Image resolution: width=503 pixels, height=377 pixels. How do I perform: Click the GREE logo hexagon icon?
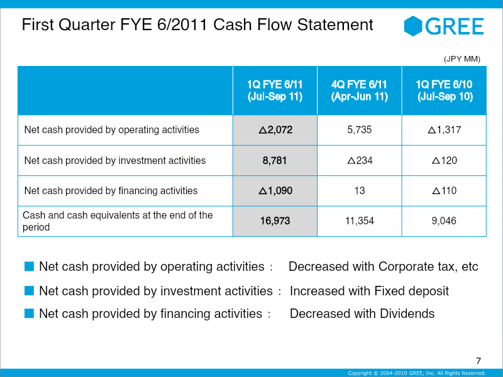[413, 26]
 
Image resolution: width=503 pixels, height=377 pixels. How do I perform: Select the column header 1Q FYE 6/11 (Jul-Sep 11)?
[275, 90]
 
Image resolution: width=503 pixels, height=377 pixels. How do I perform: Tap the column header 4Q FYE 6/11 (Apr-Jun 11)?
[359, 90]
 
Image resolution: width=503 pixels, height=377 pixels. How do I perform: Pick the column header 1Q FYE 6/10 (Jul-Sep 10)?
[445, 90]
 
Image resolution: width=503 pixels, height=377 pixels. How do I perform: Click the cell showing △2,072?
[275, 130]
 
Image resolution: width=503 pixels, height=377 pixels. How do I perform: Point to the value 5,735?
[359, 130]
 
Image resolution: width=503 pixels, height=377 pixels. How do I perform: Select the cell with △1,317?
[445, 130]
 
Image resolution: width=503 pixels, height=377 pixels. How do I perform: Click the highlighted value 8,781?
[275, 160]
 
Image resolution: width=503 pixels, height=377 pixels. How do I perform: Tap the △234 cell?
[360, 160]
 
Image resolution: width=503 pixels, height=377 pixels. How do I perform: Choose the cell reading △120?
[445, 160]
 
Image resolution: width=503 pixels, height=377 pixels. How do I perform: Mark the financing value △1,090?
[275, 191]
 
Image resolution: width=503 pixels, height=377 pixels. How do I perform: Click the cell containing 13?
[360, 191]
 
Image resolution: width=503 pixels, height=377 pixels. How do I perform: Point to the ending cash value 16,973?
[275, 221]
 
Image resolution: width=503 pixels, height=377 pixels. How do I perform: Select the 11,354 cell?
[360, 221]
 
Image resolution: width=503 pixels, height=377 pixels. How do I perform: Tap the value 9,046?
[444, 221]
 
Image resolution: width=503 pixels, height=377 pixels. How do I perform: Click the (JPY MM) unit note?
[462, 59]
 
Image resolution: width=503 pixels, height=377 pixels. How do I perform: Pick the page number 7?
[478, 361]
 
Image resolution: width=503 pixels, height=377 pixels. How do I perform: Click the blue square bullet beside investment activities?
[29, 290]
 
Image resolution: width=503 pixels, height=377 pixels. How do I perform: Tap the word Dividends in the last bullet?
[407, 314]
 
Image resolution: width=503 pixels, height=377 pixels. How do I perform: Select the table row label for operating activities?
[112, 130]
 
